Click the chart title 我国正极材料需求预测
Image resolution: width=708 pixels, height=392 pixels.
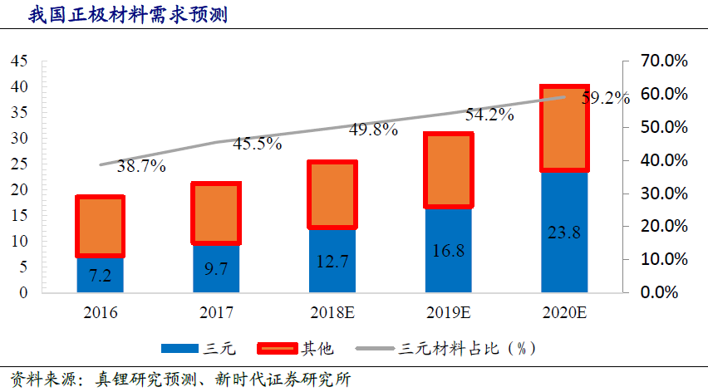click(x=116, y=14)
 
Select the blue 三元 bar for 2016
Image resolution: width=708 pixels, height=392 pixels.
click(x=100, y=275)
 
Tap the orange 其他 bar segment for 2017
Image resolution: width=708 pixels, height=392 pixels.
click(x=216, y=213)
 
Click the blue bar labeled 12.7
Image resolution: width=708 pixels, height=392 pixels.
click(x=332, y=262)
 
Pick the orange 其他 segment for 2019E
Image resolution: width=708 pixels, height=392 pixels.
click(x=448, y=169)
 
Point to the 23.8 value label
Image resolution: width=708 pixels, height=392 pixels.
click(x=564, y=233)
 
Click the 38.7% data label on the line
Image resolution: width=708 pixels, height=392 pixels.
click(x=141, y=166)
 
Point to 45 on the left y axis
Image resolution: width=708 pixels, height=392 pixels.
click(x=19, y=61)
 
